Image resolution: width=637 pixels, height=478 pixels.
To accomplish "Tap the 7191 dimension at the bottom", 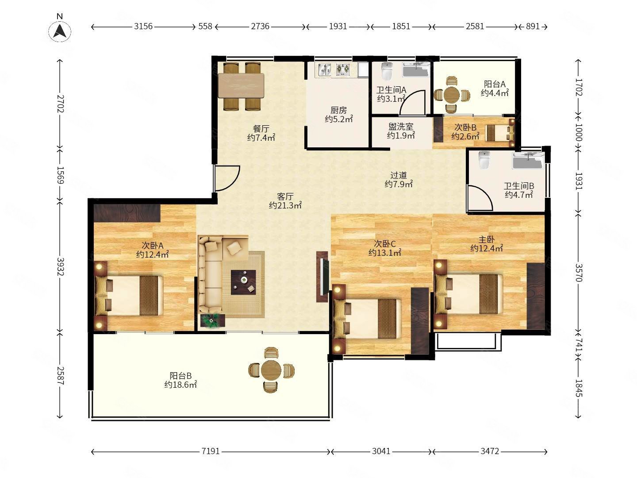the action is pos(211,451).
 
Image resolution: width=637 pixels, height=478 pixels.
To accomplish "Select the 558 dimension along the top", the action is pos(205,27).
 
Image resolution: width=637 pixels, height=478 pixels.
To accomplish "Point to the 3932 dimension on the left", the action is pos(60,266).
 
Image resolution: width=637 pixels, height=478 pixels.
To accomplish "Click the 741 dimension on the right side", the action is pos(578,345).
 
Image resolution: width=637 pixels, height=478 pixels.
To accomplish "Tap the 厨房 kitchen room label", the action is pos(338,110).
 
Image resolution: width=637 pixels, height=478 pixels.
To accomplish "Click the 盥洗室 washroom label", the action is pos(401,127).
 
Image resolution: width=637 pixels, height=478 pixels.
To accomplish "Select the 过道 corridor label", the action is pos(399,175).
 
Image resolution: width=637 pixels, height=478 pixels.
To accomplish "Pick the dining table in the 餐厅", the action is pos(241,85).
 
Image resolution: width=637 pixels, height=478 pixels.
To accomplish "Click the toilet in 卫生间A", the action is pos(387,71).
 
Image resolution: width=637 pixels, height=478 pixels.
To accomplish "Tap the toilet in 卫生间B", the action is pos(484,160).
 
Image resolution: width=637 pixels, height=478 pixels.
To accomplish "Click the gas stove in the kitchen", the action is pos(343,69).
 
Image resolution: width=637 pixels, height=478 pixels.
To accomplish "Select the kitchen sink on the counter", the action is pos(325,69).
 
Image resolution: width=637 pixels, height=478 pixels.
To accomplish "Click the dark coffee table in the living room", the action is pos(243,282).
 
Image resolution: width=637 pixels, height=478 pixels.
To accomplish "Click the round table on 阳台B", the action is pos(271,370).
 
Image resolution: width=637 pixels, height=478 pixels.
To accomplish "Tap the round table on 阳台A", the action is pos(452,95).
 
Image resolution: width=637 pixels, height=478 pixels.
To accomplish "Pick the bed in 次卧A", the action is pos(129,296).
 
